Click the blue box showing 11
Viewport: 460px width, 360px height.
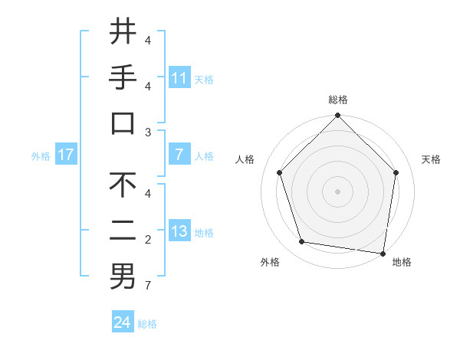(x=179, y=77)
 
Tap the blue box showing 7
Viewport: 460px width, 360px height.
(x=179, y=155)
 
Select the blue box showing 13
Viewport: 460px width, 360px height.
(x=179, y=231)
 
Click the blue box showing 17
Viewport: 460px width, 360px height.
(x=66, y=155)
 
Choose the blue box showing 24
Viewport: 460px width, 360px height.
(x=123, y=322)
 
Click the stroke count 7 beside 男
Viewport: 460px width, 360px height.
(x=148, y=286)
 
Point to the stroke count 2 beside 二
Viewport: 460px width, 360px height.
(x=148, y=241)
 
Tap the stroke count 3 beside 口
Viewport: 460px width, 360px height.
(x=148, y=133)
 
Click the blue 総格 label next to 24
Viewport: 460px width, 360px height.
(x=147, y=324)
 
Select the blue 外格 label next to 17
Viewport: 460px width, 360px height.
(x=41, y=156)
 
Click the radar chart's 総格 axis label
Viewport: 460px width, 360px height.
(x=337, y=100)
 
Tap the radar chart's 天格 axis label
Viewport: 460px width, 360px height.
(x=431, y=159)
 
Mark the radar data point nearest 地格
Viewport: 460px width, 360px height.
(x=383, y=253)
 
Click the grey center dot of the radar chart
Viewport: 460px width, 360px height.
(x=337, y=191)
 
